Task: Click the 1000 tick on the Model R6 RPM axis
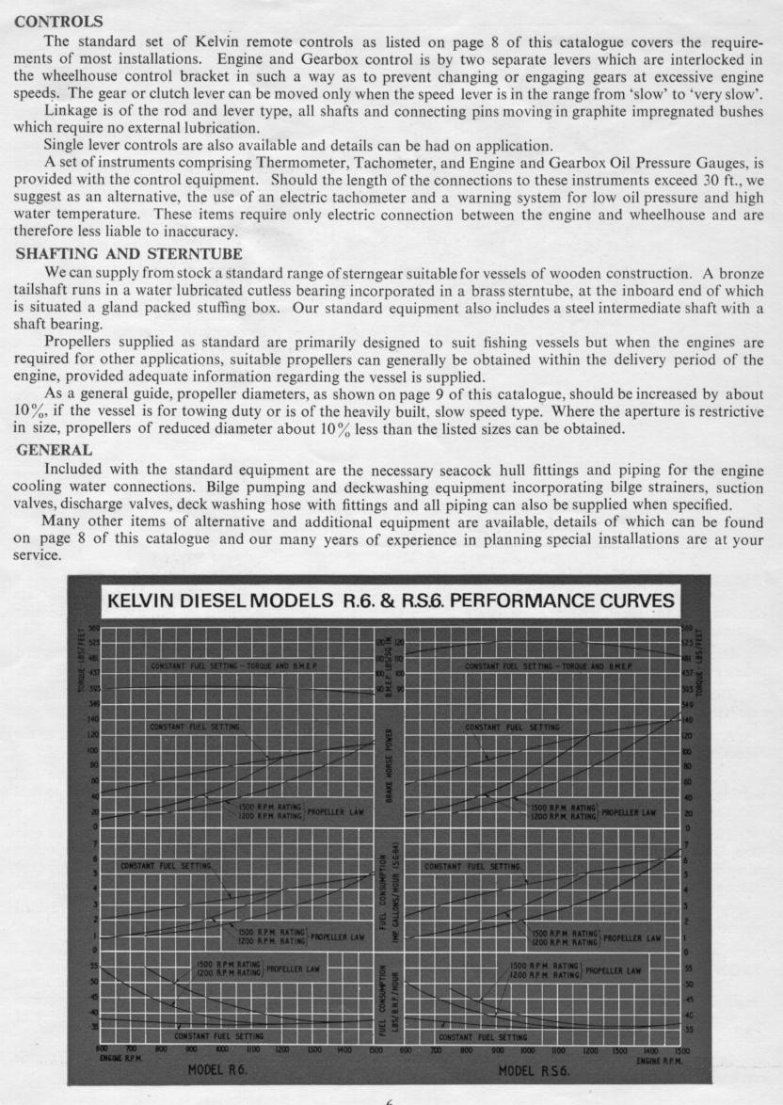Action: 222,1049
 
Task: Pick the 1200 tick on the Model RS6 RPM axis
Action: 591,1049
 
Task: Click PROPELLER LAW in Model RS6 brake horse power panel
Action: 630,810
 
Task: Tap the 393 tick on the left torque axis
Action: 93,689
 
